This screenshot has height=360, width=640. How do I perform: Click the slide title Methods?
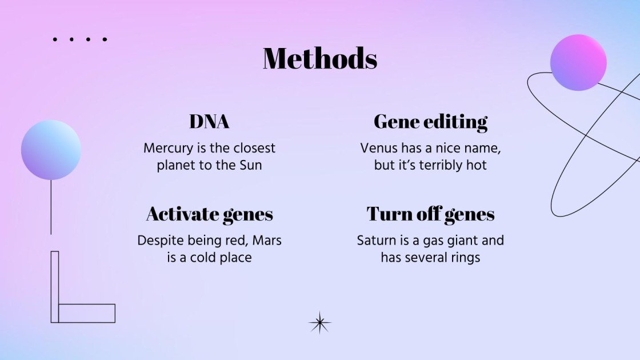click(x=320, y=58)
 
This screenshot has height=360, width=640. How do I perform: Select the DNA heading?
click(x=209, y=122)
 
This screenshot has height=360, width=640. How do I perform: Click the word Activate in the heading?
click(x=181, y=214)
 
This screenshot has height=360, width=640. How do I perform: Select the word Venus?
click(x=378, y=149)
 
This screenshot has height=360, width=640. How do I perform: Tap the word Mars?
click(x=266, y=241)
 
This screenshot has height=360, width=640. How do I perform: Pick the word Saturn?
click(x=377, y=241)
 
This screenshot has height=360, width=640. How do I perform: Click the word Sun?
click(x=250, y=166)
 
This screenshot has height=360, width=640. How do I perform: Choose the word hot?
click(x=476, y=166)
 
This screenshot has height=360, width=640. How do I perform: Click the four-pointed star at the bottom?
click(x=320, y=323)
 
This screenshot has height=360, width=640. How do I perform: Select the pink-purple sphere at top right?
click(x=578, y=62)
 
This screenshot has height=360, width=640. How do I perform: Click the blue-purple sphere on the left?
click(x=51, y=150)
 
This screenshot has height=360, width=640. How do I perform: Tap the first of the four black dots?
click(x=55, y=39)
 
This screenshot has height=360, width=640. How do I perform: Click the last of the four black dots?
click(x=105, y=39)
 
